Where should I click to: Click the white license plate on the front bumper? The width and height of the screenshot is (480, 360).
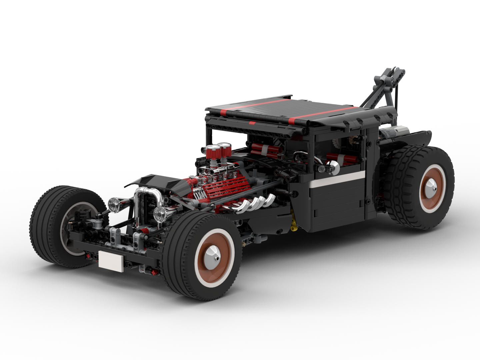111,260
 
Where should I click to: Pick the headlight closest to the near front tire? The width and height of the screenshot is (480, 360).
161,213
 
